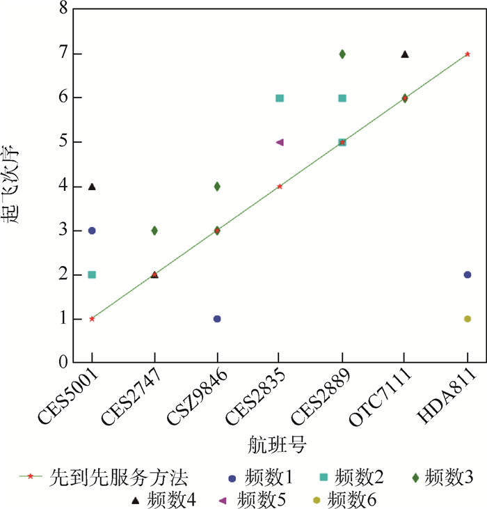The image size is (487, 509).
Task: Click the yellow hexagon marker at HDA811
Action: pos(467,319)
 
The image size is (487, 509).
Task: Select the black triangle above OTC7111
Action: pos(405,54)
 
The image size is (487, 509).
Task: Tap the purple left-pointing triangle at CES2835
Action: pos(280,142)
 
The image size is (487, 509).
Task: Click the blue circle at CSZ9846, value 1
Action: pos(217,319)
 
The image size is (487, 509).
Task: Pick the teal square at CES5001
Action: pos(92,274)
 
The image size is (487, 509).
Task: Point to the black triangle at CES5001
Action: pos(92,186)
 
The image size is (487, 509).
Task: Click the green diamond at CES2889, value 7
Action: pos(342,54)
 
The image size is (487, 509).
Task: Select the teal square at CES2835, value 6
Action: pos(280,98)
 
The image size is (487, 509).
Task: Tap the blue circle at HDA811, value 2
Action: pos(467,274)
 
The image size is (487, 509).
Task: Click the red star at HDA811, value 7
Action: pos(467,54)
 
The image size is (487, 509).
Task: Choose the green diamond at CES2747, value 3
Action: pos(154,230)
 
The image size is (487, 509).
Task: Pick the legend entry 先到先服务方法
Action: pos(118,478)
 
